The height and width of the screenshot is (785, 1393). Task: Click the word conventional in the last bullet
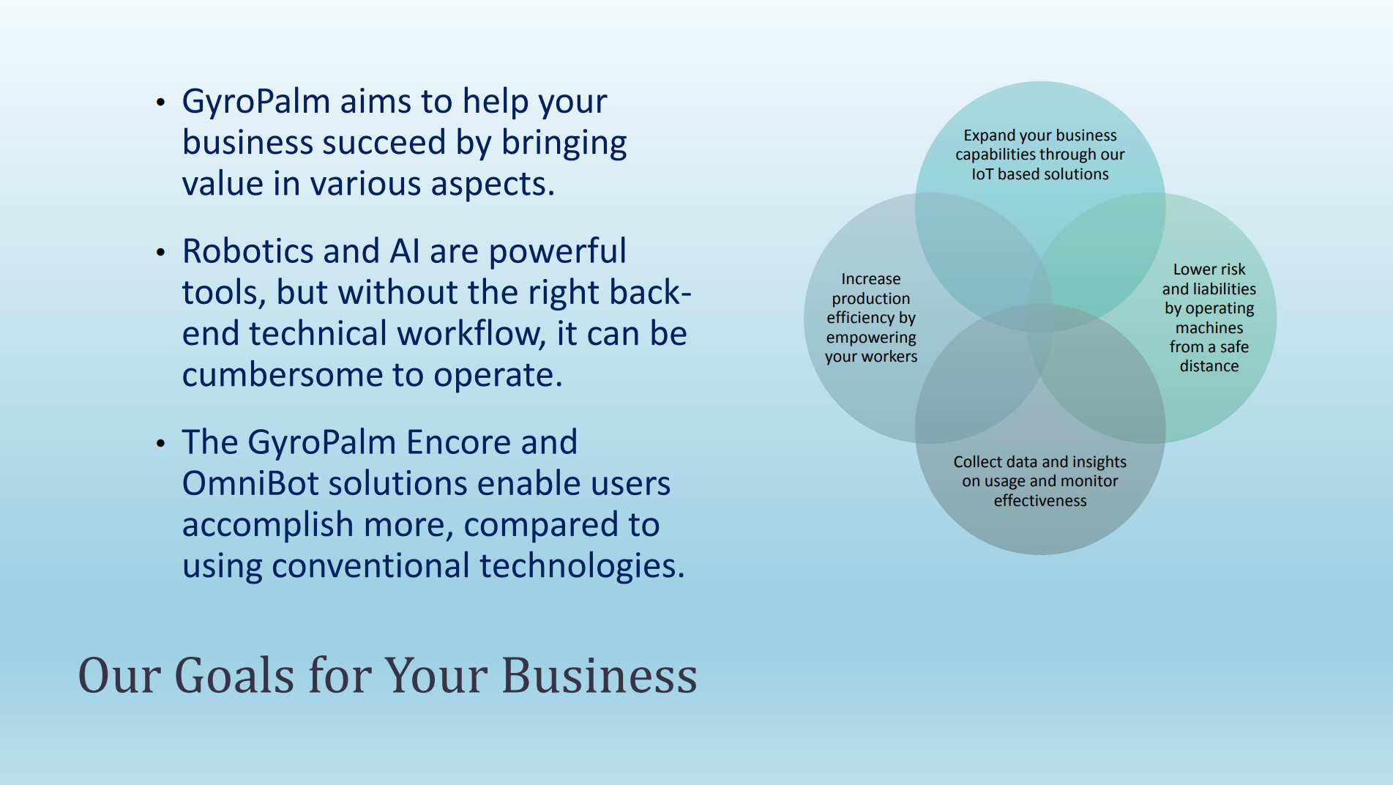[370, 566]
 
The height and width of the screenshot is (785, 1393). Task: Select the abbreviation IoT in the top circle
[982, 174]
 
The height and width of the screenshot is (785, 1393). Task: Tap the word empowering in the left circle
[871, 338]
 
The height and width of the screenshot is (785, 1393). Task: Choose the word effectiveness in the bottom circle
[1040, 501]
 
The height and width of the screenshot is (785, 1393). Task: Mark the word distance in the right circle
[1209, 366]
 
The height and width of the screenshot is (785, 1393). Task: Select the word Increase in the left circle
[871, 279]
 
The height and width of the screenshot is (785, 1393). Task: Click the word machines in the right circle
[1209, 328]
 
